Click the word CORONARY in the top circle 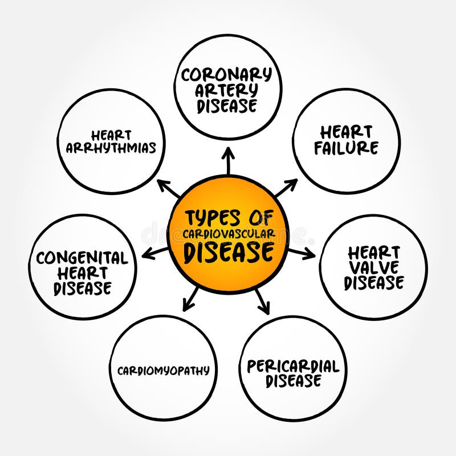point(227,74)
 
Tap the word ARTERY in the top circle point(227,90)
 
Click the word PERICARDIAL point(292,366)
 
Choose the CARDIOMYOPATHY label point(164,370)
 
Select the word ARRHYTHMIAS point(111,148)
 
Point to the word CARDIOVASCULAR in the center point(229,233)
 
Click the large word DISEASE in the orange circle point(228,251)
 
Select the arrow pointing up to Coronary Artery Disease point(228,162)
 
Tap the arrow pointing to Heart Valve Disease point(302,253)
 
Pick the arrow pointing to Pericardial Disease point(262,301)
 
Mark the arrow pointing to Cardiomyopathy point(191,299)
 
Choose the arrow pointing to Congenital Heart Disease point(154,253)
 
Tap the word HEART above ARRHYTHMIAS point(111,136)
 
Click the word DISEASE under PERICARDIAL point(293,381)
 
